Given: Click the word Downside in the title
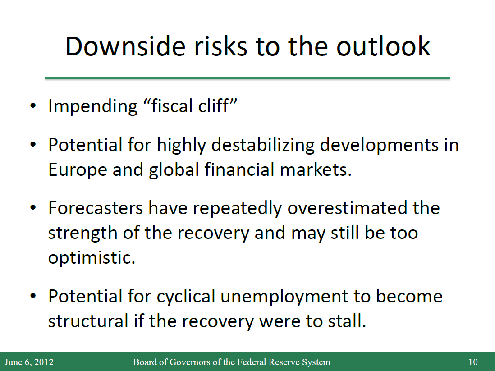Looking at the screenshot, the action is click(x=125, y=46).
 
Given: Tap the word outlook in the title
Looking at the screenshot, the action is click(x=383, y=46).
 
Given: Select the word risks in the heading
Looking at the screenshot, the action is click(x=220, y=46).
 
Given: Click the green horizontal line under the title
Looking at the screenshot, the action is click(x=247, y=78).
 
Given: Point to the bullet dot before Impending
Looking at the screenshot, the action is click(x=33, y=106).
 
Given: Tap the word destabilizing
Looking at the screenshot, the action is click(x=263, y=145).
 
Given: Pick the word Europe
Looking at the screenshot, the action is click(x=78, y=170).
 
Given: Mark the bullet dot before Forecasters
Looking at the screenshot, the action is click(x=33, y=208).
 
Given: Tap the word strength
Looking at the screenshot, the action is click(x=83, y=234).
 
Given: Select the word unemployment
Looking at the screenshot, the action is click(x=284, y=297).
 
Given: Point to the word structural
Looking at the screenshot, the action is click(x=88, y=321).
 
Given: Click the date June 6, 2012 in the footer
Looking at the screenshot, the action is click(x=29, y=362).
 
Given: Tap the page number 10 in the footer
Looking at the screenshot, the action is click(x=473, y=362).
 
